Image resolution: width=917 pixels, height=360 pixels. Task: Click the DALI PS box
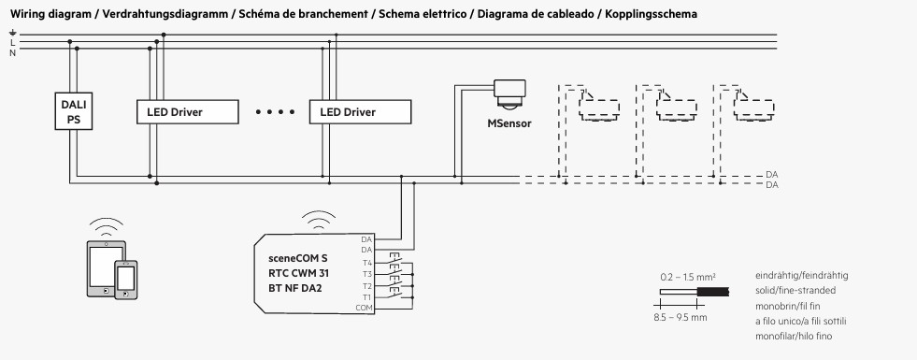click(x=74, y=111)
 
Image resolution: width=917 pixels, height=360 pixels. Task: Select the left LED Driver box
click(x=188, y=112)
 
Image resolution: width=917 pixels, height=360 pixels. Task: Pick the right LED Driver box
click(x=360, y=112)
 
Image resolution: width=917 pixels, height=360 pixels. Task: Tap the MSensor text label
click(x=509, y=123)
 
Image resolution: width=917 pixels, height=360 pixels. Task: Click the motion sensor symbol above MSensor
click(x=509, y=94)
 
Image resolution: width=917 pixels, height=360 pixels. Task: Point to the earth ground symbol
click(x=12, y=33)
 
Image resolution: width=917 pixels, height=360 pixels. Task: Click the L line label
click(x=12, y=43)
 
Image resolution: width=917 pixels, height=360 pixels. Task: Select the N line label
click(x=12, y=52)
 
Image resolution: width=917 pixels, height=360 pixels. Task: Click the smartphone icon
click(x=126, y=280)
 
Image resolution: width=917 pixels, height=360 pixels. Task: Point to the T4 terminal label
click(x=366, y=262)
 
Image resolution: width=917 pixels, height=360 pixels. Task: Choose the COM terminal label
click(x=364, y=308)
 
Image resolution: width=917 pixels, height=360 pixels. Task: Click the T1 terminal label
click(x=366, y=296)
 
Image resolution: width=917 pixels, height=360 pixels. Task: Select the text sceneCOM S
click(x=298, y=257)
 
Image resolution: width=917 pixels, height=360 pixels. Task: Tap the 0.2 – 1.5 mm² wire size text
click(x=688, y=276)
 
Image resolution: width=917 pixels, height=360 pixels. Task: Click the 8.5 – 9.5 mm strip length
click(x=681, y=317)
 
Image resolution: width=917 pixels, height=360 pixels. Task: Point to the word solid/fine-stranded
click(x=795, y=291)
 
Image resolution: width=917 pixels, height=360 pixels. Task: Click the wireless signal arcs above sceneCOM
click(x=319, y=219)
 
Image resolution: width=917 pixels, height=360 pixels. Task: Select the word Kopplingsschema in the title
click(x=651, y=14)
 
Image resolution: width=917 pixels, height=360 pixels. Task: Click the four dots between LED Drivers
click(x=275, y=112)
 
